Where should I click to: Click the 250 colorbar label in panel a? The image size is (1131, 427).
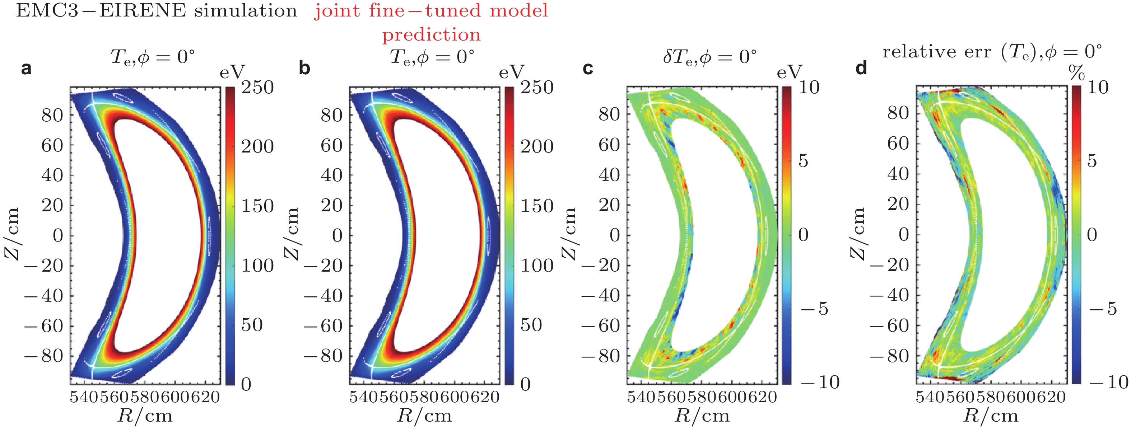pos(257,87)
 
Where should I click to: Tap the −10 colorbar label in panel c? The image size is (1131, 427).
pos(820,382)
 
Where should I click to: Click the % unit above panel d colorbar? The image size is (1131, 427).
pos(1076,72)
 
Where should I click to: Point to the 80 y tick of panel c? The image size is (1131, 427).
pos(609,114)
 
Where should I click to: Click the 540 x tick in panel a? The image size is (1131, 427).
pos(84,397)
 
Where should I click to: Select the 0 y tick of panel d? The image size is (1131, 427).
pos(904,234)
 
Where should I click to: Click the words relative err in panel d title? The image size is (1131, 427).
pos(936,52)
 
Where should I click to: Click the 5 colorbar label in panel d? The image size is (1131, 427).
pos(1092,161)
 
